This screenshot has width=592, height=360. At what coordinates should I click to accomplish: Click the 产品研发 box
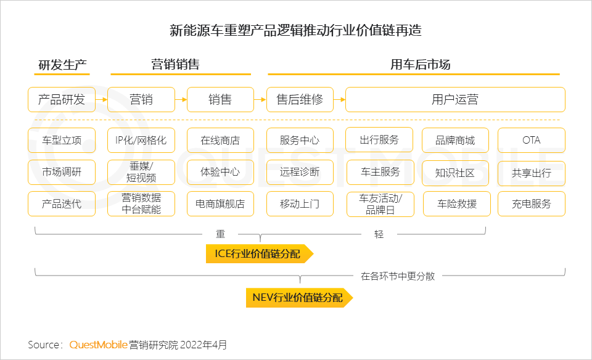tap(62, 100)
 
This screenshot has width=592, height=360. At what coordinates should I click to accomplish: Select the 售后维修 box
tap(300, 100)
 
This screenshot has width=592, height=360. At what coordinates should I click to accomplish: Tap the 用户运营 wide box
tap(455, 100)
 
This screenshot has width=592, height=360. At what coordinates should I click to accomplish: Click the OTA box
tap(531, 141)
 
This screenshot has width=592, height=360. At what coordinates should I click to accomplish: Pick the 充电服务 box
tap(531, 204)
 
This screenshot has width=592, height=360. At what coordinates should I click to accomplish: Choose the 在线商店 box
tap(220, 141)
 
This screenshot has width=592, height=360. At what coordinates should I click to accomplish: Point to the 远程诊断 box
tap(300, 172)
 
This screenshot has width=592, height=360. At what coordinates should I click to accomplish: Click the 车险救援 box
tap(457, 204)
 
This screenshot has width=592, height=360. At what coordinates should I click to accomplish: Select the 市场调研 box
tap(62, 172)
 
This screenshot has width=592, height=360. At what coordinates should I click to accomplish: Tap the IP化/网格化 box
tap(141, 141)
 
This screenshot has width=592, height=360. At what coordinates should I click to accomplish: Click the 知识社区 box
tap(455, 173)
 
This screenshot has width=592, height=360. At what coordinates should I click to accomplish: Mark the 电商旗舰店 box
tap(220, 204)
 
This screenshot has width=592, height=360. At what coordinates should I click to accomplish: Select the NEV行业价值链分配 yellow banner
tap(299, 298)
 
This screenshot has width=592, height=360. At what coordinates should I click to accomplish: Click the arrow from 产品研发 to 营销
tap(102, 100)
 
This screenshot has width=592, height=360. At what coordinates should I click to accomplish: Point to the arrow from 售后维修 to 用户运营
tap(339, 100)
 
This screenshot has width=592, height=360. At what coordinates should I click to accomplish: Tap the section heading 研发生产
tap(62, 65)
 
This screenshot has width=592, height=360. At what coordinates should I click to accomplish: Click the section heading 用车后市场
tap(420, 65)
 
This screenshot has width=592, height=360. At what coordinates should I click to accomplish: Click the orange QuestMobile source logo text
tap(98, 345)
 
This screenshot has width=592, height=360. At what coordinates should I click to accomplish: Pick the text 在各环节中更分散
tap(398, 276)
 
